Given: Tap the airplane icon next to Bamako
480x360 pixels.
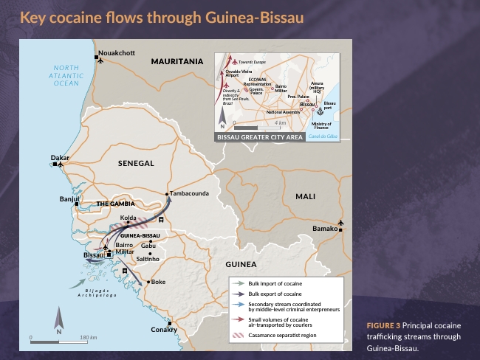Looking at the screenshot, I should tap(340, 221).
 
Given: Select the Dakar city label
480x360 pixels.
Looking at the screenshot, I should tap(60, 158).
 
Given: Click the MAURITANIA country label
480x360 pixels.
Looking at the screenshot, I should tap(177, 62).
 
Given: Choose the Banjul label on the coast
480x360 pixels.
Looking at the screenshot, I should tap(69, 199).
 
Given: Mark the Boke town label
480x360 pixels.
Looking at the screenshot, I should tap(158, 282).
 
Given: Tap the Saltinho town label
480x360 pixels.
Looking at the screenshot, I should tap(148, 259).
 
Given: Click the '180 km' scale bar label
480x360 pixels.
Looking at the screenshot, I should tap(88, 337).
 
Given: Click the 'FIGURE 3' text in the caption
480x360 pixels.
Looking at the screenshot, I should tap(383, 325).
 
